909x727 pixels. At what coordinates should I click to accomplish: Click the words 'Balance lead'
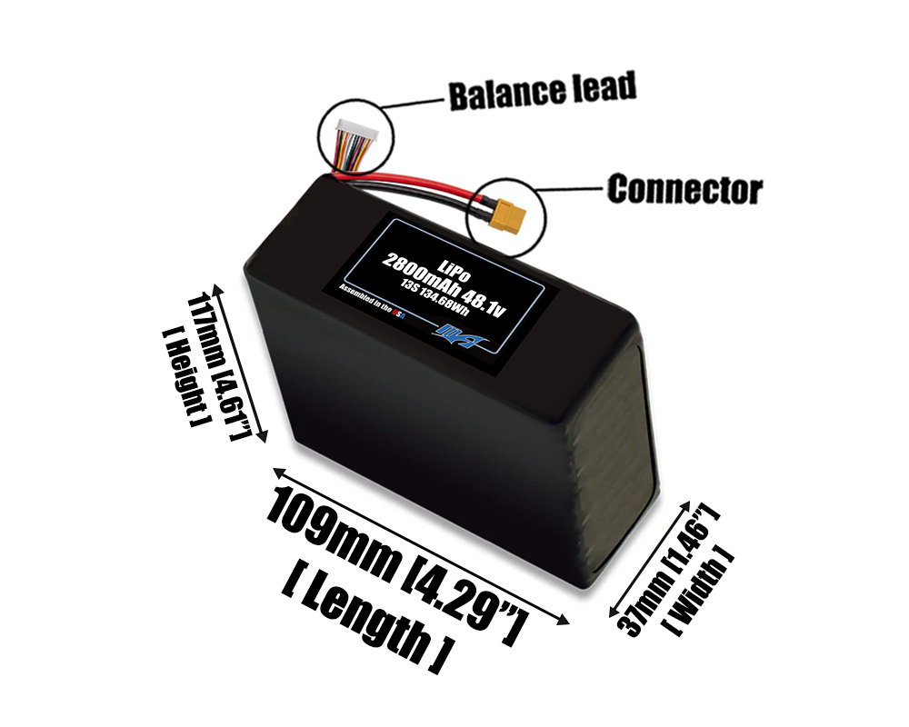coord(542,92)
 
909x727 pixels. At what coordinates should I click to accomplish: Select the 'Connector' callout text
coord(684,190)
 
